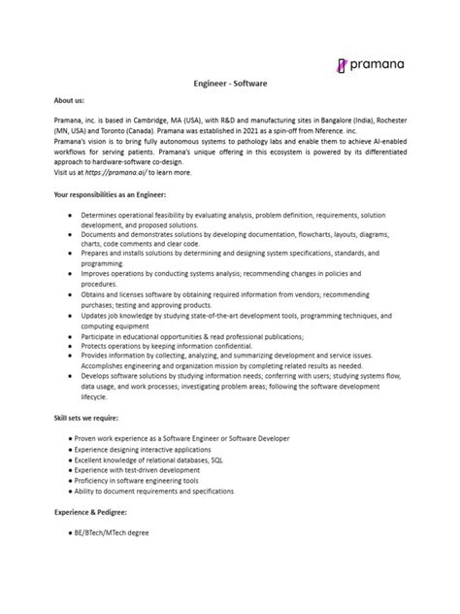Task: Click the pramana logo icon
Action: [x=342, y=65]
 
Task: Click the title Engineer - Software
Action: [x=230, y=85]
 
